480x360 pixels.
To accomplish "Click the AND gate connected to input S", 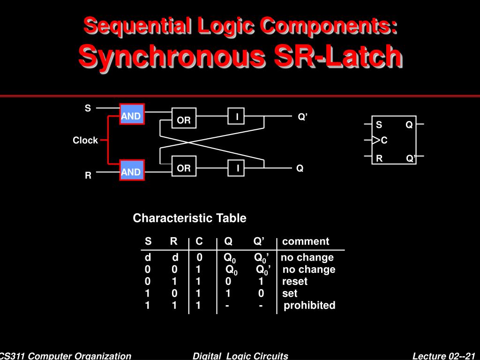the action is pos(132,114).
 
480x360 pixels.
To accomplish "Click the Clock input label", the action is pos(85,140).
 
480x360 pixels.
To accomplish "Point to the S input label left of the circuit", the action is pos(88,109).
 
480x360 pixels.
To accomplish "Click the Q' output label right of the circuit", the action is pos(302,117).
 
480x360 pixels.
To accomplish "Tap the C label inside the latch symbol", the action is pos(384,141).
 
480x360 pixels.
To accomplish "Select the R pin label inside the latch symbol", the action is pos(379,158).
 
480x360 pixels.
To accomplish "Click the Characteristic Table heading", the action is pos(189,218).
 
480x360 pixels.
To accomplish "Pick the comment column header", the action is pos(306,241).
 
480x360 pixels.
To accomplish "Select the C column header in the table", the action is pos(199,241).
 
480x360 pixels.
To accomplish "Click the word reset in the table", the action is pos(295,281).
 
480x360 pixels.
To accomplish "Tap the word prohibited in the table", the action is pos(310,306).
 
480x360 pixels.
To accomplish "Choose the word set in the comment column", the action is pos(290,293).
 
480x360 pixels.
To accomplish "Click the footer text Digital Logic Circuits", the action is pos(240,356).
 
